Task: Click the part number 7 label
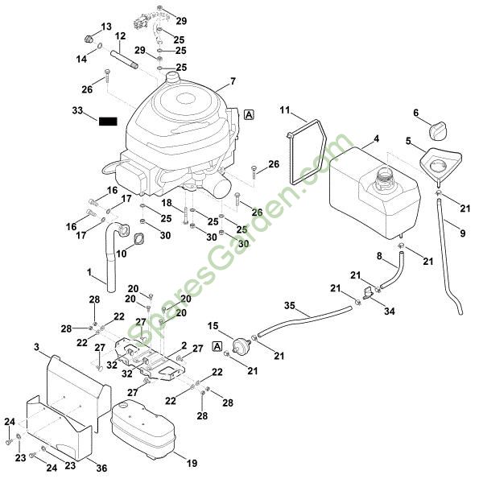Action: [233, 81]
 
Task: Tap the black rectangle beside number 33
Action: [108, 122]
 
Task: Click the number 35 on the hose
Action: [291, 305]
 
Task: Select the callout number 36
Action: [101, 468]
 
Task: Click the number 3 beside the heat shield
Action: [36, 347]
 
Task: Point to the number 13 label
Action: [106, 27]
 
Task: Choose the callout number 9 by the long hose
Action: [463, 234]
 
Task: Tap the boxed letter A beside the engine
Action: [249, 114]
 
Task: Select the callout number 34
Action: [390, 311]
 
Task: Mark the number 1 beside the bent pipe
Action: [89, 273]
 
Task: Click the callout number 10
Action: [122, 254]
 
